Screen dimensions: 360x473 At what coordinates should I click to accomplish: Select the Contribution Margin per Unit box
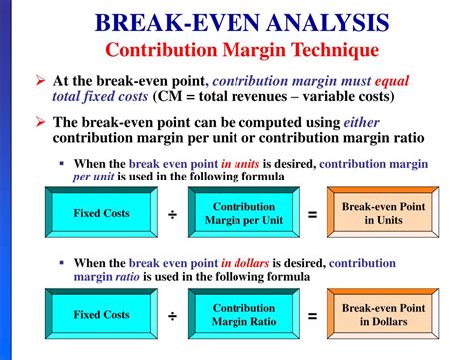[236, 213]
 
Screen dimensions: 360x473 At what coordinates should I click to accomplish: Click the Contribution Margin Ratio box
[236, 315]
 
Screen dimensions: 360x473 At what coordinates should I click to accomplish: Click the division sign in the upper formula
[171, 214]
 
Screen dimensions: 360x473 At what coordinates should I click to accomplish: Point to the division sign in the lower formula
[171, 316]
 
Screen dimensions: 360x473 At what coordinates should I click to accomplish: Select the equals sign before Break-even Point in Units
[311, 214]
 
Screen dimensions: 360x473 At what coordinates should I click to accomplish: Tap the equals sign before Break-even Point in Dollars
[311, 316]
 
